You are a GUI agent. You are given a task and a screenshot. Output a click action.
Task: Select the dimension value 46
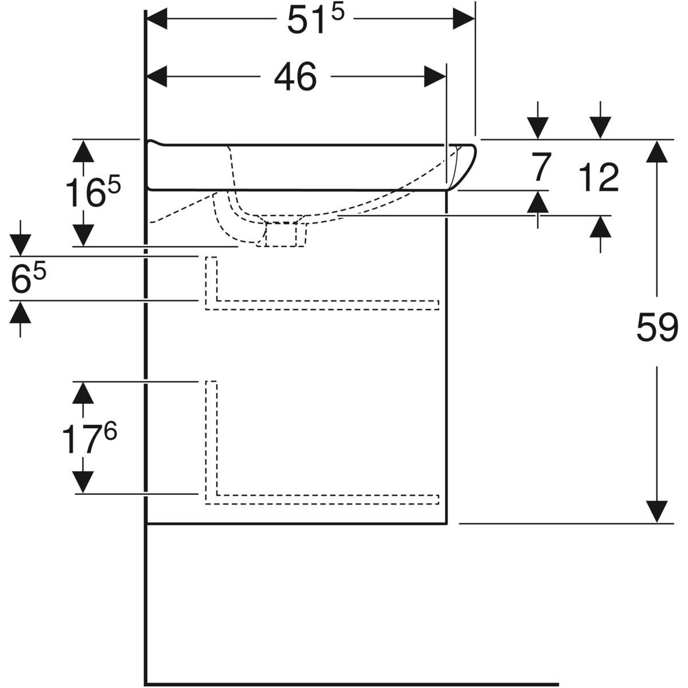coord(295,77)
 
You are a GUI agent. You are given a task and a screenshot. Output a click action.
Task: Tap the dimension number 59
coord(657,328)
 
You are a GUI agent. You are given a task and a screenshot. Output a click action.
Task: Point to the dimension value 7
coord(538,168)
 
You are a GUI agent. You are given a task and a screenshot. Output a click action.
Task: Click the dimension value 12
coord(599,177)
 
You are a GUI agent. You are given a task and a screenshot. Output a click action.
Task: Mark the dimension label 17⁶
coord(89,437)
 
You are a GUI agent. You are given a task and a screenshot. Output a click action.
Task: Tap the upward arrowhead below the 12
coord(600,227)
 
